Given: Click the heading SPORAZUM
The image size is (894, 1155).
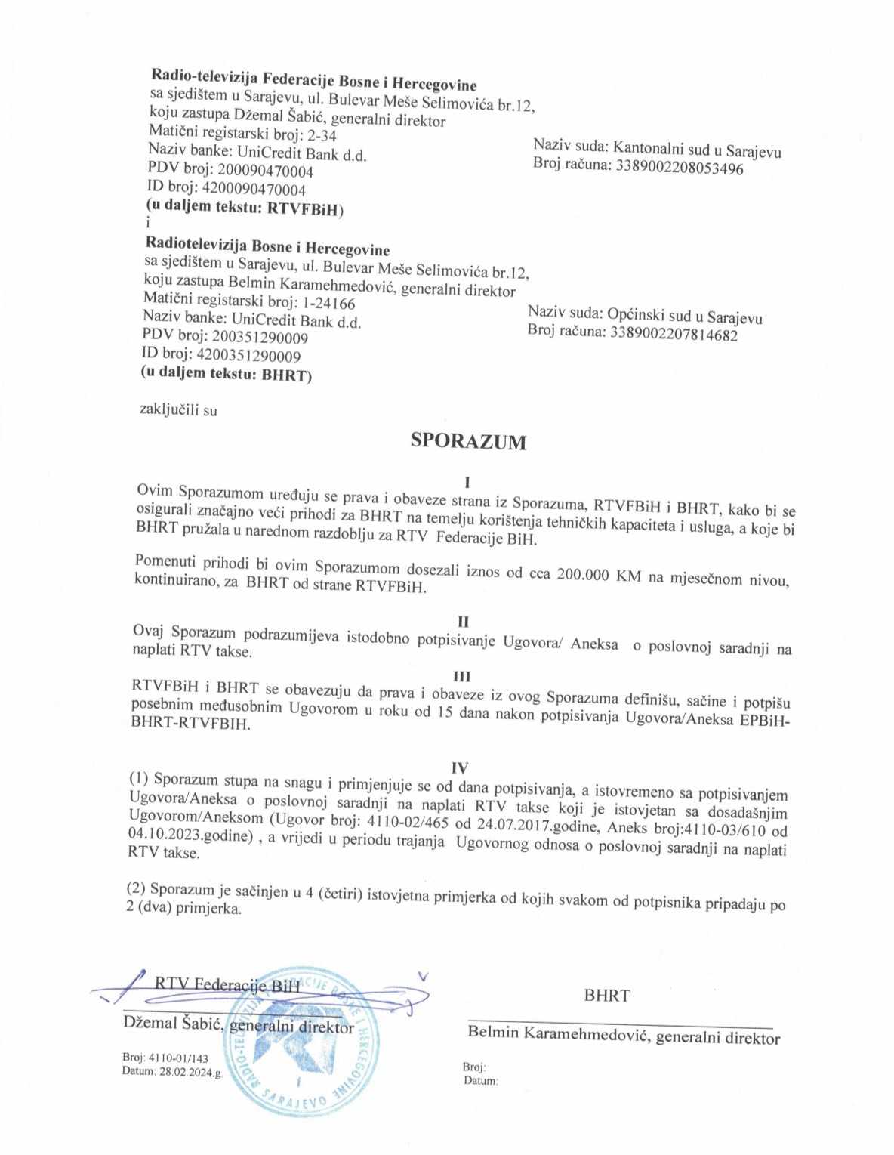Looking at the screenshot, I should tap(468, 441).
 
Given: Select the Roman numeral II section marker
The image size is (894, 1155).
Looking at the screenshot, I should tap(464, 621).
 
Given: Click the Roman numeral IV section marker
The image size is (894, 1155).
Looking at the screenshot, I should tap(460, 766).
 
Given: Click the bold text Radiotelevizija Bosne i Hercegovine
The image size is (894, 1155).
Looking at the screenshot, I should tap(267, 249).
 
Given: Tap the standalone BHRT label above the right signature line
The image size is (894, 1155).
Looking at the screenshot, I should tap(606, 995).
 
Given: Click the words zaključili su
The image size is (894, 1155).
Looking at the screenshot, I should tap(179, 410).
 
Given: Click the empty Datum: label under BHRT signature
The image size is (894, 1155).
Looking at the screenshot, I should tap(480, 1081).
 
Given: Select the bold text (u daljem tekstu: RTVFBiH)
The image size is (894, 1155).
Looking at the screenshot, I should tap(244, 207).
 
